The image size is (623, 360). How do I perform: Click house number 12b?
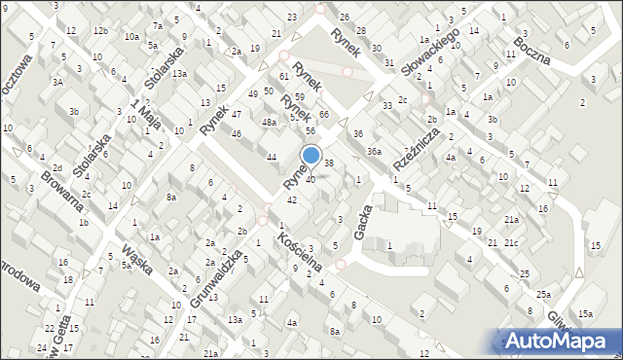[x=100, y=31]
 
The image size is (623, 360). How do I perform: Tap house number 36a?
[x=374, y=151]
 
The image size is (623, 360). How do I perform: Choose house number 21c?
[x=511, y=241]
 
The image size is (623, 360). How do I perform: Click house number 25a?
[x=542, y=294]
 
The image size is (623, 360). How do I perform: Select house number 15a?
[x=584, y=313]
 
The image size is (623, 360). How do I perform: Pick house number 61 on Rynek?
[x=284, y=76]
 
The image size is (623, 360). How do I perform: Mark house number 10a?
[x=130, y=36]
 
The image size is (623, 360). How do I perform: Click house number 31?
[x=388, y=63]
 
